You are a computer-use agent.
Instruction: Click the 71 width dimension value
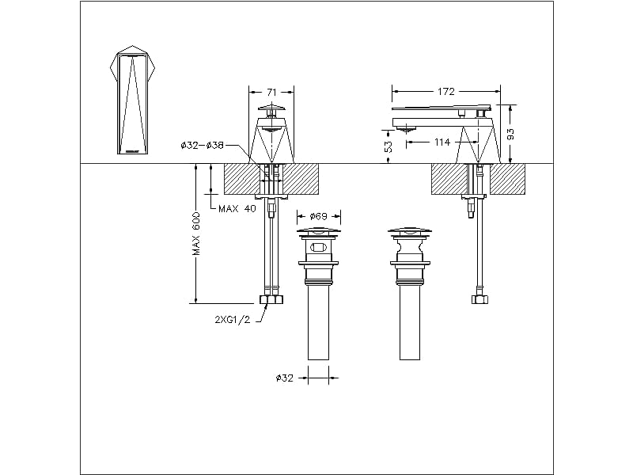[271, 93]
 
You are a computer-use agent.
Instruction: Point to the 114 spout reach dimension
[442, 142]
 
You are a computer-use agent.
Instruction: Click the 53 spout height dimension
[389, 146]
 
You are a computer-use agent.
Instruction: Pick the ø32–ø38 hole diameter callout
[202, 145]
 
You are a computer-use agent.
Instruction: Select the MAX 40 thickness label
[237, 208]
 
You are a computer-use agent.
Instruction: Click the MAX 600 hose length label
[196, 236]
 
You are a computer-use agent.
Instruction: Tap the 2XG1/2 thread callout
[233, 320]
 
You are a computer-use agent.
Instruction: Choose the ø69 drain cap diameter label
[319, 216]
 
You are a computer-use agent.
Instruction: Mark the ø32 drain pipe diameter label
[284, 378]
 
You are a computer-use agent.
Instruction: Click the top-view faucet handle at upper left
[133, 100]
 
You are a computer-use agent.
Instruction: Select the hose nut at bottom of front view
[271, 300]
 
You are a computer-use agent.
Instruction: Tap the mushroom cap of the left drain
[318, 232]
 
